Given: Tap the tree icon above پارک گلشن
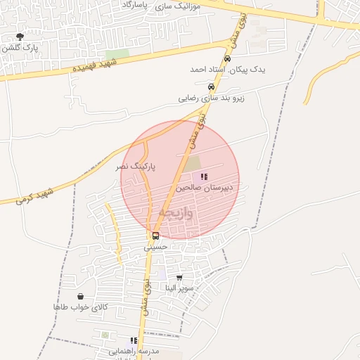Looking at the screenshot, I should (x=19, y=37).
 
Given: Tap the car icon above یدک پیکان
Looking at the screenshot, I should (x=227, y=58).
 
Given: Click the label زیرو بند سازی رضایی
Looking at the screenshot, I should (x=211, y=98).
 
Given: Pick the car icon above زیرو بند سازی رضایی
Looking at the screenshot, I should (x=211, y=87).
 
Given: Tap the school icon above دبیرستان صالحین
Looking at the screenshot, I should (x=204, y=176).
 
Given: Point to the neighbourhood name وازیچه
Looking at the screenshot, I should (x=175, y=212).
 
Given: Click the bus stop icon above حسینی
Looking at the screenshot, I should (x=155, y=236).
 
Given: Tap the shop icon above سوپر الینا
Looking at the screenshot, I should (x=179, y=277).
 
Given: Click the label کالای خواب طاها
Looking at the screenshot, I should (x=80, y=307).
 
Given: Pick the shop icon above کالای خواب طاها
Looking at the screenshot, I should (x=80, y=296).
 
